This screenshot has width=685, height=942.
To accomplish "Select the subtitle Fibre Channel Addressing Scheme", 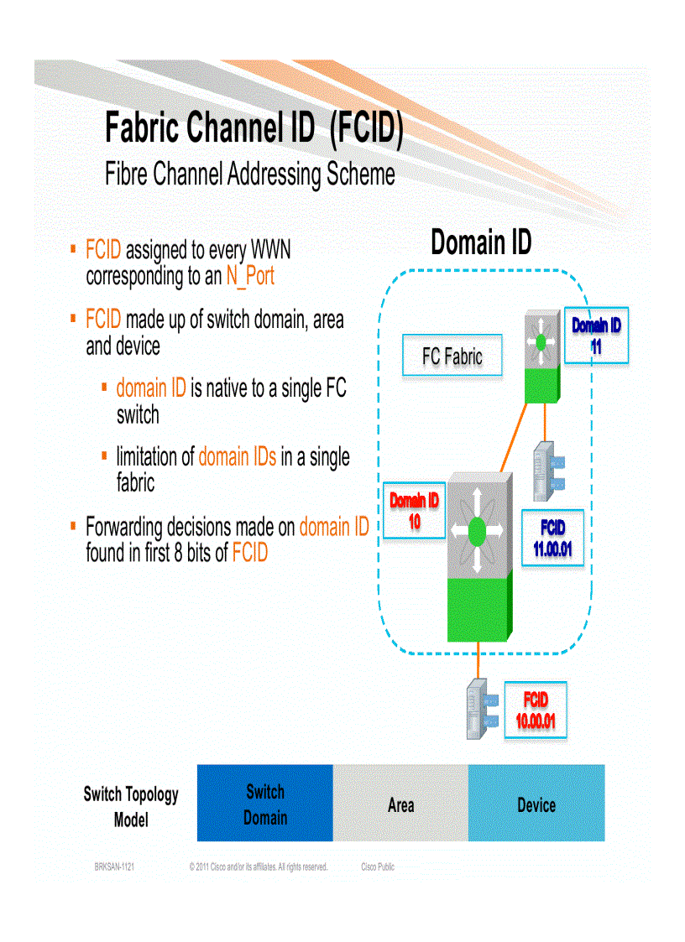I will (x=249, y=174).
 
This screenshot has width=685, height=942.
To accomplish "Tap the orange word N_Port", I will (x=250, y=276).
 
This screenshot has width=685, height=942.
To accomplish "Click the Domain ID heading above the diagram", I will (x=480, y=242).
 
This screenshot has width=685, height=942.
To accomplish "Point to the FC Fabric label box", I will (x=452, y=357).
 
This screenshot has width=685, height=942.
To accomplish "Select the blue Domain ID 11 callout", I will (x=595, y=334).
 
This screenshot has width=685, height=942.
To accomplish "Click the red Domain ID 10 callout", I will (x=414, y=511).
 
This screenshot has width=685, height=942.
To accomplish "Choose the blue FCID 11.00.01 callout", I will (x=552, y=538).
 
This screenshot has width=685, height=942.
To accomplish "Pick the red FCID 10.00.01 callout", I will (x=535, y=710).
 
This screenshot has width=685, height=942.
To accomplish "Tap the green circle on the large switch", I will (x=477, y=530).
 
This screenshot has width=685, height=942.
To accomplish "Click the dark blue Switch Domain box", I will (x=265, y=803).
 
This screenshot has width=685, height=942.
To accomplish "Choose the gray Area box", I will (x=400, y=803).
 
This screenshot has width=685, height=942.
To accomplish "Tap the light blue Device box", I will (x=536, y=803).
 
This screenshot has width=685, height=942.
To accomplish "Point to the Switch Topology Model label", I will (x=131, y=805).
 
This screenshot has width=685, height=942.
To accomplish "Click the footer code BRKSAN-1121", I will (x=114, y=867).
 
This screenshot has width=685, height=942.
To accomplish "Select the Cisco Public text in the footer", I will (x=377, y=867).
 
